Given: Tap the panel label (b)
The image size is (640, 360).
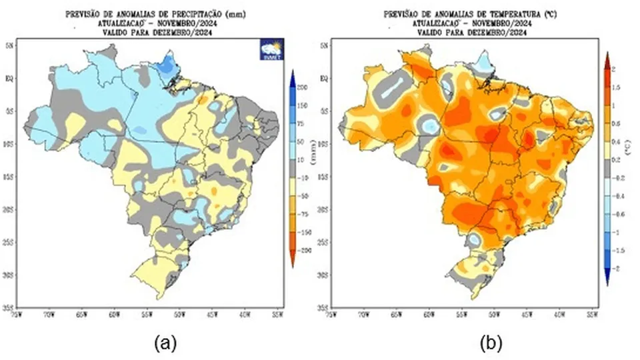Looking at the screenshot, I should [491, 343].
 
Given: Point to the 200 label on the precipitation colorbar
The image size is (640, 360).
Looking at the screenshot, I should [301, 88].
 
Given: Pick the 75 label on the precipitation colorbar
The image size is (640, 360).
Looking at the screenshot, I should [301, 124].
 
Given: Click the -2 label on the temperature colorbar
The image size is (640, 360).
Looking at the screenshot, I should [615, 267].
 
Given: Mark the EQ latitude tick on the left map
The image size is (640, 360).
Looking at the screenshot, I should [11, 78].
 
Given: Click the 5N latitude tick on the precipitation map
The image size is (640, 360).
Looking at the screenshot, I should [11, 45].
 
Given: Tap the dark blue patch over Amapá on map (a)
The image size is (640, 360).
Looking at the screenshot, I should [170, 63].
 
